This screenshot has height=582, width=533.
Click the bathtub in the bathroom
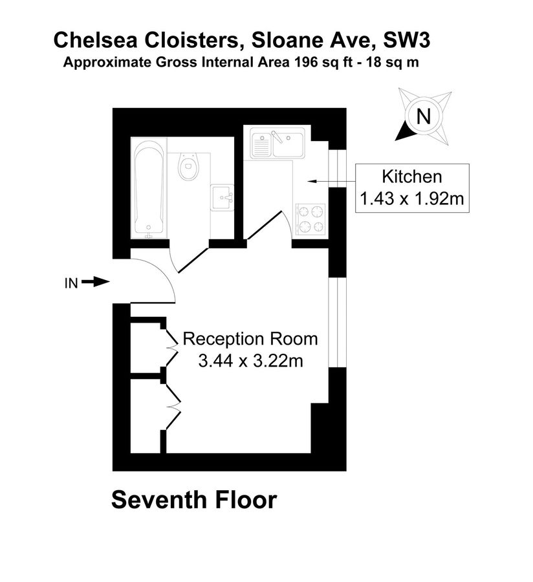[x=149, y=189]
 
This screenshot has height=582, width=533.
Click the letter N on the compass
[x=423, y=117]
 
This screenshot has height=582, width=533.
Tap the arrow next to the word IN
[x=98, y=281]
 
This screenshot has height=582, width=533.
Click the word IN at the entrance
[x=71, y=282]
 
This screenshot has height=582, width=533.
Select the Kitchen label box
[x=412, y=188]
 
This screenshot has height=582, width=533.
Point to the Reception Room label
[x=251, y=339]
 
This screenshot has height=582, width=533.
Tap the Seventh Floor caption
[x=194, y=500]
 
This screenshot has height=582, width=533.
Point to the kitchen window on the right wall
[x=334, y=167]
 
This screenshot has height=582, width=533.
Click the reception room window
[x=334, y=323]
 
